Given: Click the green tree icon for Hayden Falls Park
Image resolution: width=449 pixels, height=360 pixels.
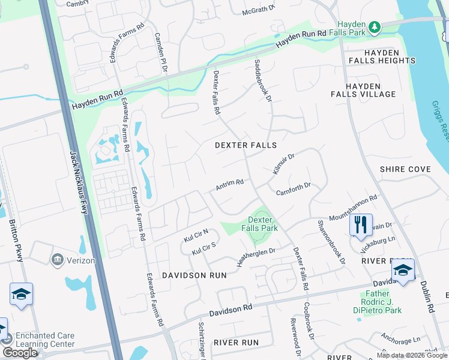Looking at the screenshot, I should (x=375, y=27).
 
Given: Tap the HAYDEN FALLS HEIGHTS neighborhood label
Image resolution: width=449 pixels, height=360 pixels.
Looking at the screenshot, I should (x=381, y=56).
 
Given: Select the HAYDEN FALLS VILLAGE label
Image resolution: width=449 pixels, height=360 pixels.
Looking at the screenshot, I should (x=363, y=90).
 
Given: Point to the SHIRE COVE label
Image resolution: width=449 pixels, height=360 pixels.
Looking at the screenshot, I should (x=405, y=170).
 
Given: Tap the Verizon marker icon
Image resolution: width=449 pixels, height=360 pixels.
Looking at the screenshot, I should (x=57, y=259).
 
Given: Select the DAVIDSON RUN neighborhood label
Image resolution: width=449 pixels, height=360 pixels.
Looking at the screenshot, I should (x=194, y=275).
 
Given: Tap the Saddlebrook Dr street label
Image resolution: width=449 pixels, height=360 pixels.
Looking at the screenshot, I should (x=264, y=80).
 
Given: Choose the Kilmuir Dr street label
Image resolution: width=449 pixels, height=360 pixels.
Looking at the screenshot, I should (x=284, y=164).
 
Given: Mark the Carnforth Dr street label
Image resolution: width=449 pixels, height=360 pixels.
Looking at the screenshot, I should (x=293, y=189).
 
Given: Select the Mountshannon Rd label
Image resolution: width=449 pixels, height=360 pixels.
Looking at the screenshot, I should (x=352, y=207).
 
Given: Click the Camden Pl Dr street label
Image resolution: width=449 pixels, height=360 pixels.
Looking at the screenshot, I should (x=161, y=52).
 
